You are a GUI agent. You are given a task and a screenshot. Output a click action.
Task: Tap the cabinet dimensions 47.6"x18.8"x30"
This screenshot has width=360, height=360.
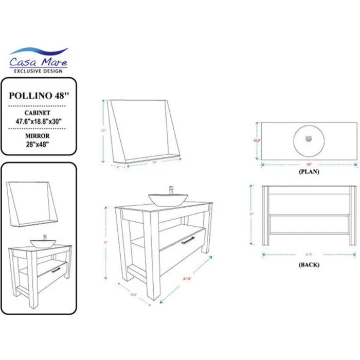[x=39, y=121]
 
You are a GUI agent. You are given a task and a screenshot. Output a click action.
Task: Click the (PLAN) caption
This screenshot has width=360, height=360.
[x=309, y=172]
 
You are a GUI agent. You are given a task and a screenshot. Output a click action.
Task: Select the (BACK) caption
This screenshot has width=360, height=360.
[x=309, y=264]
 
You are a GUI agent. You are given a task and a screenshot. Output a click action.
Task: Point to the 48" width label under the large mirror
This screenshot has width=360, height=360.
[x=154, y=162]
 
